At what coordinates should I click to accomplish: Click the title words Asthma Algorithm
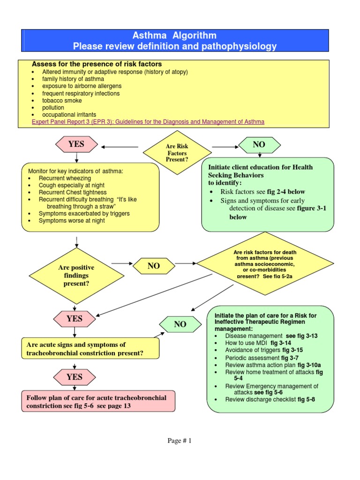coord(175,36)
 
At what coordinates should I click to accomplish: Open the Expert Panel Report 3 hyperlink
coord(148,122)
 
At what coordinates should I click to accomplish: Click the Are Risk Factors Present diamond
coord(177,153)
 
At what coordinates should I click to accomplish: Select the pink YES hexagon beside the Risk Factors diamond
coord(76,144)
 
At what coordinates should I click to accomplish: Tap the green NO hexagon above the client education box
coord(259,144)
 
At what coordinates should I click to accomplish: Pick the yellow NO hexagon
coord(154,266)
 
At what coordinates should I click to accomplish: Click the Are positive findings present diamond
coord(76,275)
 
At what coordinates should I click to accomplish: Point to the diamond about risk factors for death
coord(265,264)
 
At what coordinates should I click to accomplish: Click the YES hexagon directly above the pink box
coord(74,377)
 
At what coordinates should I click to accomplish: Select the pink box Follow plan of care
coord(98,401)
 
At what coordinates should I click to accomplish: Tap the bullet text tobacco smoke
coord(62,100)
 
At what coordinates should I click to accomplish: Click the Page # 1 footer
coord(180,441)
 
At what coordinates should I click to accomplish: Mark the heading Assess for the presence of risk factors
coord(97,64)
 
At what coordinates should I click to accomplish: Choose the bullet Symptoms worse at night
coord(72,221)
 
